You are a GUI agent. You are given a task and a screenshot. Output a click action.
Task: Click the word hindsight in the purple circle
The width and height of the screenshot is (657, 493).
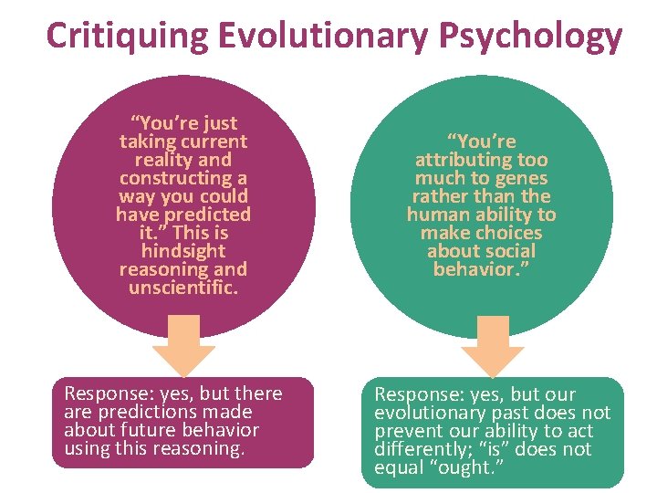tap(183, 250)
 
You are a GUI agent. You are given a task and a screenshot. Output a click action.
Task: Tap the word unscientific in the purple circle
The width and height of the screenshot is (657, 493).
tap(182, 287)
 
